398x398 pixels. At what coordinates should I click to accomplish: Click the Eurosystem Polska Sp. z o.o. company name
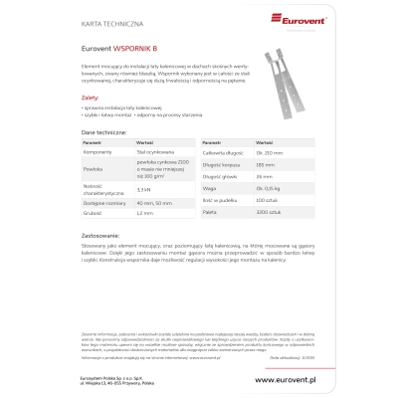tap(108, 376)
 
